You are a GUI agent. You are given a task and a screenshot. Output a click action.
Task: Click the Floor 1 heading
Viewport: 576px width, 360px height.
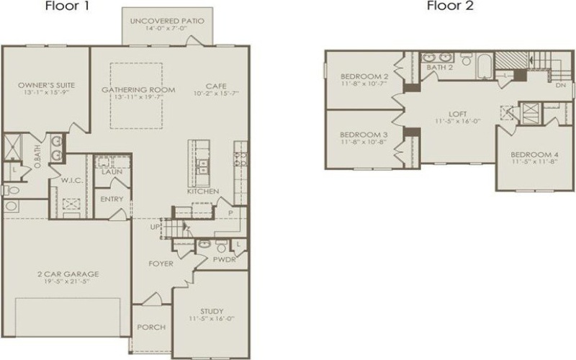tap(67, 6)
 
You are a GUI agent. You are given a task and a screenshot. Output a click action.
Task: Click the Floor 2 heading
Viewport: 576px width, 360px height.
tap(450, 6)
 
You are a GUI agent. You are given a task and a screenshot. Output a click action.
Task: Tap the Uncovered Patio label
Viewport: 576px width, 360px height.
tap(166, 21)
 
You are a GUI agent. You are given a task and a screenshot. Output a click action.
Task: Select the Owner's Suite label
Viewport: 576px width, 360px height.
tap(46, 85)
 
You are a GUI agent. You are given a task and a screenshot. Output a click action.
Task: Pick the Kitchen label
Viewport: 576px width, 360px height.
tap(202, 192)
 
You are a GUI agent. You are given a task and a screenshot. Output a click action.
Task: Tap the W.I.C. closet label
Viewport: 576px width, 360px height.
tap(71, 181)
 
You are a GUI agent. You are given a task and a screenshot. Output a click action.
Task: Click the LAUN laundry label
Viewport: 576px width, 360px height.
tap(111, 173)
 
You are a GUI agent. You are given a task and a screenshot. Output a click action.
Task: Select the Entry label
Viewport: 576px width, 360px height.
tap(112, 199)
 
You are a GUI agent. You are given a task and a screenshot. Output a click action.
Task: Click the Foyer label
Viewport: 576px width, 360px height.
tap(161, 264)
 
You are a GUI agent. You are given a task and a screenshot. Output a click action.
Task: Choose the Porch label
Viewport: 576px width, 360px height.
tap(150, 327)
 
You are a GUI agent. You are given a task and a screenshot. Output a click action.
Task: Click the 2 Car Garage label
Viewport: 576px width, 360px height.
tap(68, 274)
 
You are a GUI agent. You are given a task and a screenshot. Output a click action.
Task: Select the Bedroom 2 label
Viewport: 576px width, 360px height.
tap(364, 77)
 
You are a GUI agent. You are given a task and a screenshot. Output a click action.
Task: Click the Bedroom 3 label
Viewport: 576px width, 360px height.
tap(364, 135)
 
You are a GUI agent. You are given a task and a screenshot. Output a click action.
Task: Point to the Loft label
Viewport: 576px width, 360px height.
tap(457, 113)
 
